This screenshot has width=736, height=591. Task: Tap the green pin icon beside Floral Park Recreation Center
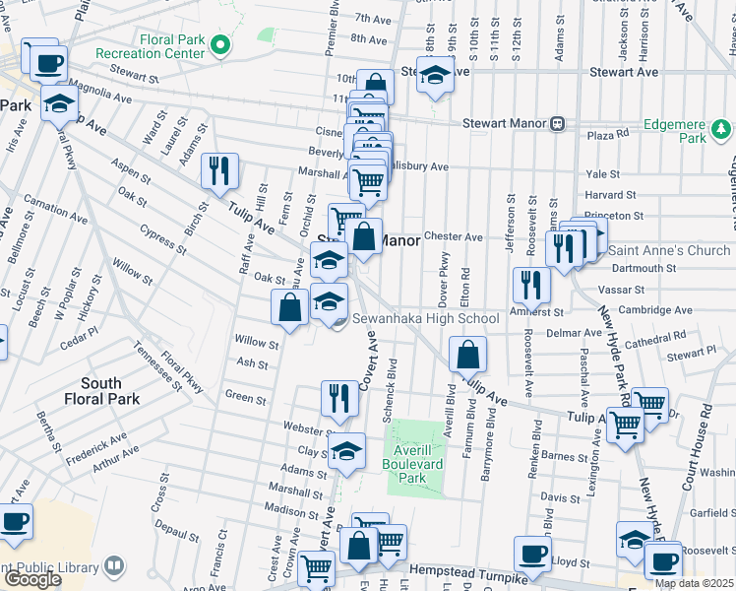click(x=221, y=45)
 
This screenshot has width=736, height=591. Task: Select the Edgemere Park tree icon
click(x=721, y=130)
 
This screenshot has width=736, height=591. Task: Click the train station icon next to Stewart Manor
click(x=557, y=123)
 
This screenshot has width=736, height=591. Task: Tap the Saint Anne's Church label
click(x=670, y=250)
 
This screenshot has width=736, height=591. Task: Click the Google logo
click(x=32, y=579)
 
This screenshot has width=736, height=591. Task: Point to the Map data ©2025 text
click(x=695, y=583)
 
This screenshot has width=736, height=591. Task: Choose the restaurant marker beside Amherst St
click(x=531, y=284)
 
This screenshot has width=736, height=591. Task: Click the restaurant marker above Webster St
click(x=338, y=397)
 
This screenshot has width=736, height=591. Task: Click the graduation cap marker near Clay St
click(x=345, y=450)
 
